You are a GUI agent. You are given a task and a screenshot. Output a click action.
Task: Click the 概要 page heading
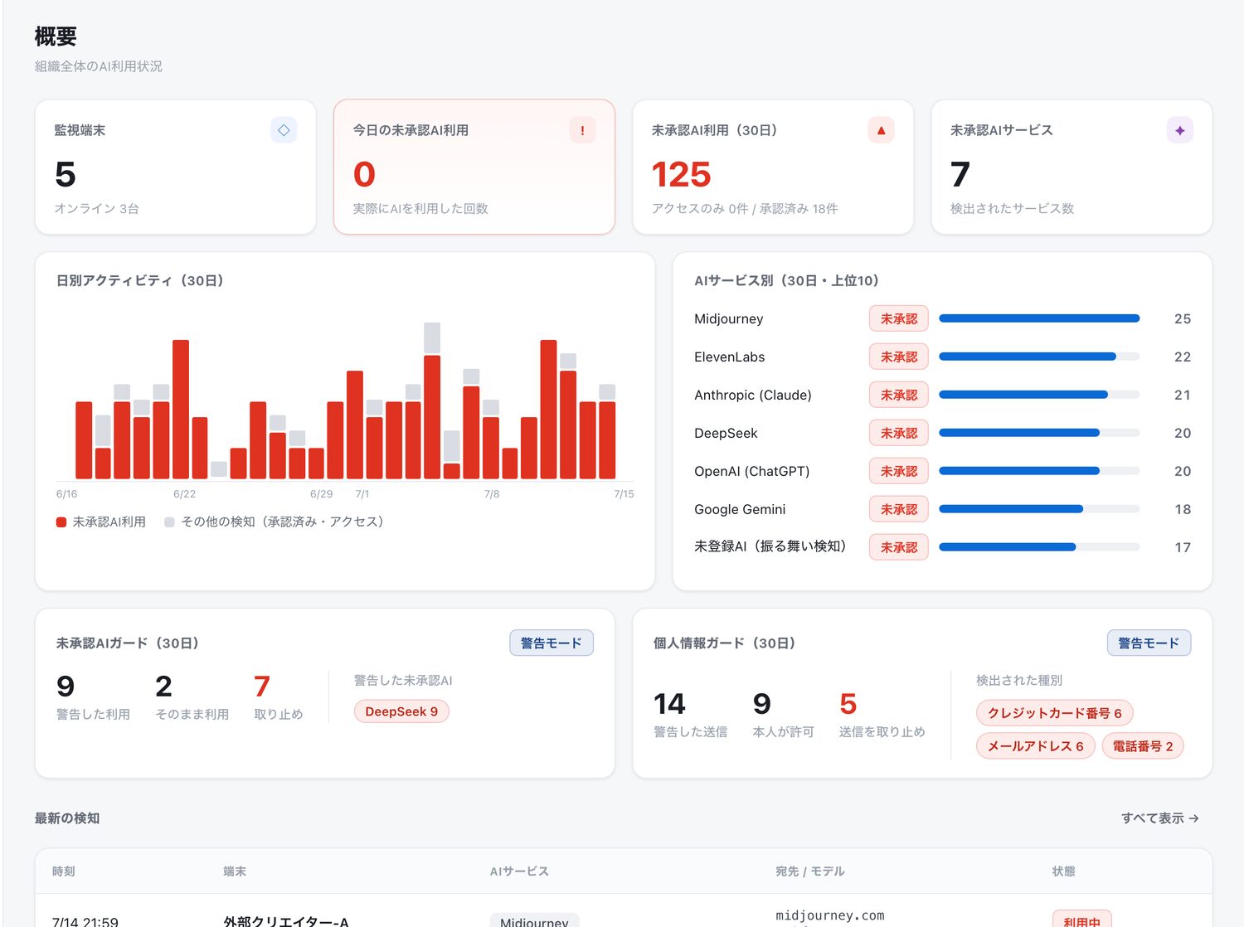click(56, 36)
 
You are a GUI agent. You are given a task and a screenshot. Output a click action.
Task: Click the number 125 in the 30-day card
click(681, 174)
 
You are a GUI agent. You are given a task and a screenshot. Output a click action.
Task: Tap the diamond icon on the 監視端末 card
click(284, 130)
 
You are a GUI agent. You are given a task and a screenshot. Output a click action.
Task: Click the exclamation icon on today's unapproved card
click(582, 130)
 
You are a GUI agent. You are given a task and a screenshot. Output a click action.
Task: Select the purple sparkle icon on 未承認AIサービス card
click(1179, 130)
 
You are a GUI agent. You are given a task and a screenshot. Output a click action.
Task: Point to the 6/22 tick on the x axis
click(184, 494)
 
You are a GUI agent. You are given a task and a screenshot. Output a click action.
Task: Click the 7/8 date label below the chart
click(491, 494)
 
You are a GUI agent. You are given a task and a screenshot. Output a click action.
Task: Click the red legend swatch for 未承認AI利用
click(61, 522)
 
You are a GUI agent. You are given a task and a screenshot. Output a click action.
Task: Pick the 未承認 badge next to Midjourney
click(898, 319)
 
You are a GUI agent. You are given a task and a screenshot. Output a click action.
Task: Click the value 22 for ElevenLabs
click(1183, 357)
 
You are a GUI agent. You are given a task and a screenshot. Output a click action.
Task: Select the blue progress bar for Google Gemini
click(1010, 509)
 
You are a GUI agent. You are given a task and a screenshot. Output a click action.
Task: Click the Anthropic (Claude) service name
click(753, 395)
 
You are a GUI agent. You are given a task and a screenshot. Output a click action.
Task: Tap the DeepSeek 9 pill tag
click(401, 711)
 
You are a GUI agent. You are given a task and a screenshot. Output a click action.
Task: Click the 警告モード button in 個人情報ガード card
click(1149, 643)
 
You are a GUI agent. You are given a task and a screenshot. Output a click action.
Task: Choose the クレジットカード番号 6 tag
click(1054, 713)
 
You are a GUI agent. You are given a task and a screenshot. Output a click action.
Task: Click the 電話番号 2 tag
click(1143, 746)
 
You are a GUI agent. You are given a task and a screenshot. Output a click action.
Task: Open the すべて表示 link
click(1159, 818)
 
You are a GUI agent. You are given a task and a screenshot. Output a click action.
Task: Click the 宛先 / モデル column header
click(810, 871)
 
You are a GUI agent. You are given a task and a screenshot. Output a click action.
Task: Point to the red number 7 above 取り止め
click(261, 687)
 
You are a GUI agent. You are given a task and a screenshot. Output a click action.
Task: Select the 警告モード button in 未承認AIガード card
click(551, 643)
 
